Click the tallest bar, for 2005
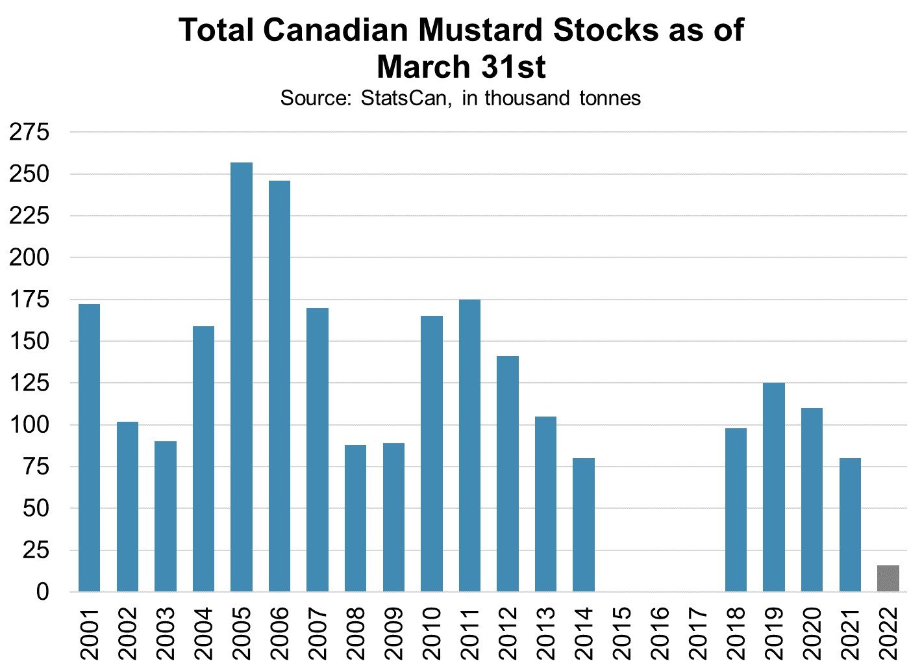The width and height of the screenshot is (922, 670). coord(242,377)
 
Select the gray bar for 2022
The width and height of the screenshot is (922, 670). coord(888,578)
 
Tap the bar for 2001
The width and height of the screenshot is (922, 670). coord(89,448)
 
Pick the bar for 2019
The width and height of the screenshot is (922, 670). coord(773,487)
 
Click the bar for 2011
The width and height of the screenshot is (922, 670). coord(469,445)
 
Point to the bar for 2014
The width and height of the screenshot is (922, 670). coord(584,524)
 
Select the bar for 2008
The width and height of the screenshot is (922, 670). coord(355,518)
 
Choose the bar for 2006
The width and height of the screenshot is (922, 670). coord(279,386)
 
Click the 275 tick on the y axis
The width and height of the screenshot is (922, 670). coord(29,133)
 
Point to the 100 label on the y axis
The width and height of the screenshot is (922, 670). coord(29,426)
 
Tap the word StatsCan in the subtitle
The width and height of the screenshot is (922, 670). coord(404,98)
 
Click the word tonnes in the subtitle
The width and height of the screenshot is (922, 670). coord(610,98)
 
